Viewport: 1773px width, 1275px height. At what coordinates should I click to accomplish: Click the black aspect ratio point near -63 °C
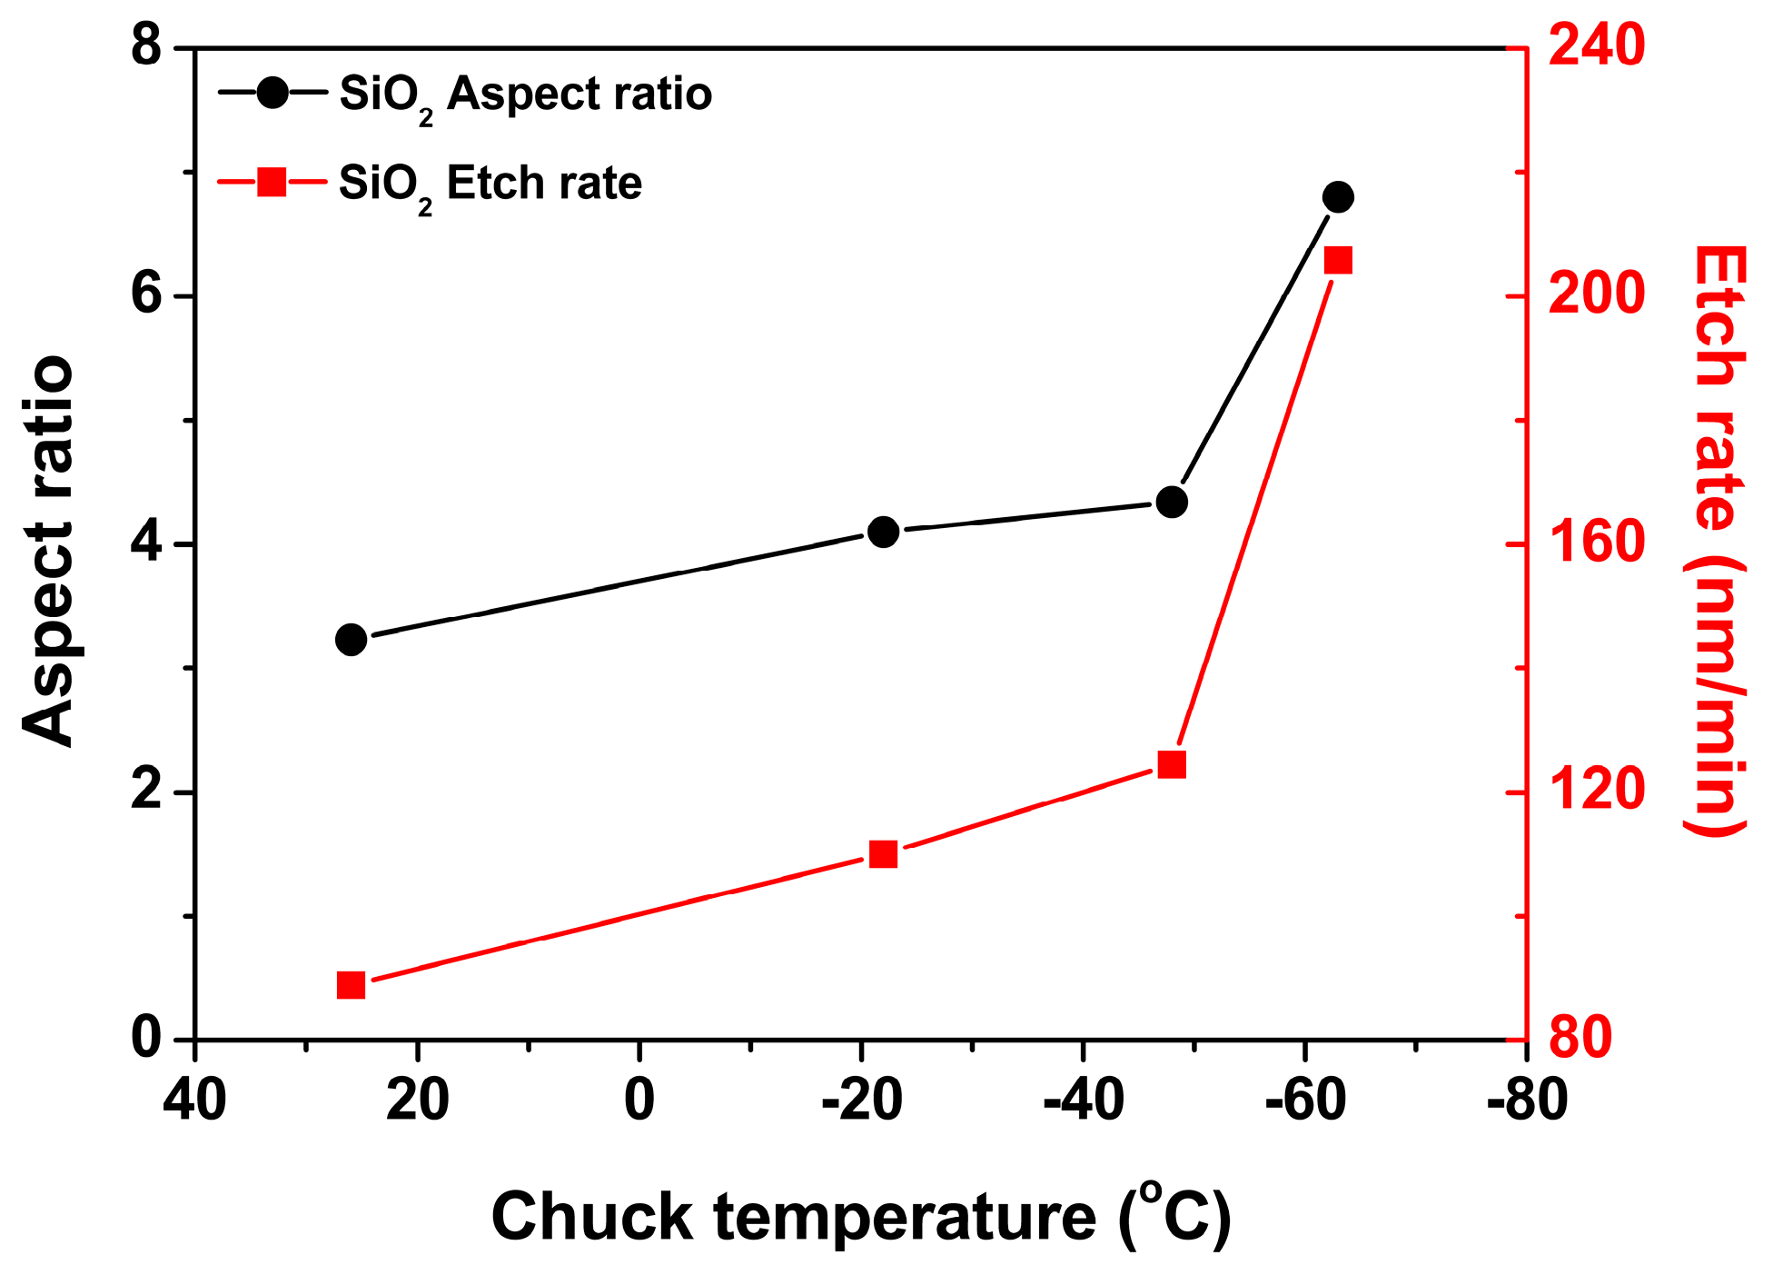pos(1337,196)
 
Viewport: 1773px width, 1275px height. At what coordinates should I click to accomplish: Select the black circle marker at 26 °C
pos(351,640)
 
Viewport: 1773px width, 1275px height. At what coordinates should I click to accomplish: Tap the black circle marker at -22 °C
pos(883,532)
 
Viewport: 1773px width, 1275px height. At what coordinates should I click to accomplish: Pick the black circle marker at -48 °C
pos(1172,502)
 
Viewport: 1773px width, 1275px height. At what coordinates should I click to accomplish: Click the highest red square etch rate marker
pos(1337,261)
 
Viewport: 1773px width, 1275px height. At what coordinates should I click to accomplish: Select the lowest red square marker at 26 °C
pos(351,985)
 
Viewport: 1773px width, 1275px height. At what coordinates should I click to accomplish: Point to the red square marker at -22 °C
pos(883,854)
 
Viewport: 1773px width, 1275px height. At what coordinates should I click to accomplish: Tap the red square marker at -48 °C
pos(1172,765)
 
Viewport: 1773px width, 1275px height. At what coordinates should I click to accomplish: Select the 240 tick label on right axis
pos(1596,45)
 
